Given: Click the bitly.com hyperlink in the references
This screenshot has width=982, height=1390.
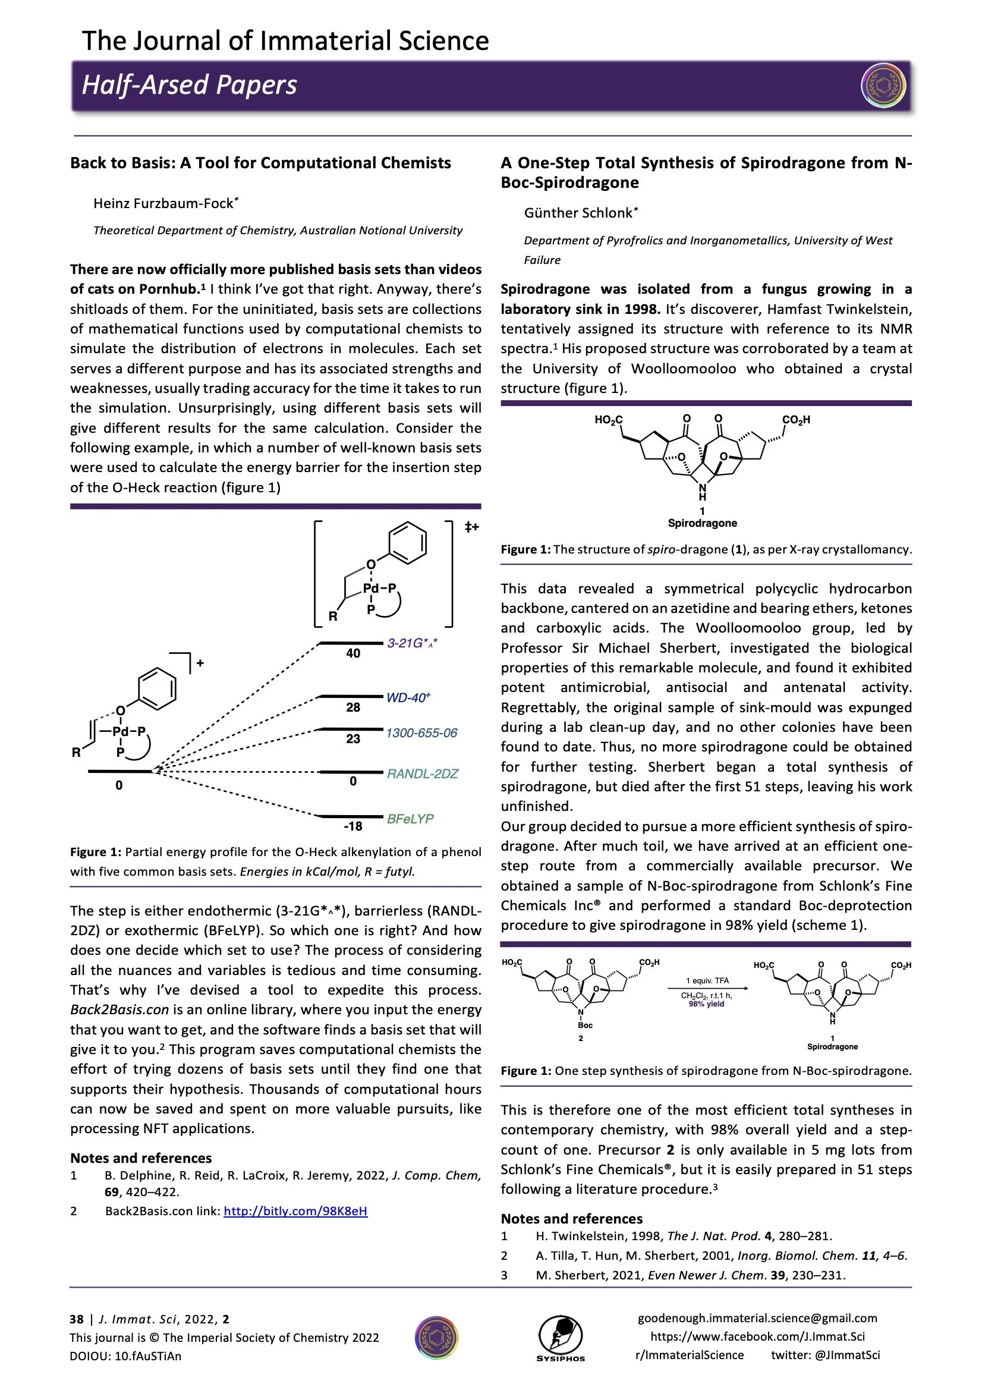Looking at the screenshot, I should click(295, 1212).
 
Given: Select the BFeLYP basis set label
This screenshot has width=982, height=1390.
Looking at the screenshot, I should click(410, 819).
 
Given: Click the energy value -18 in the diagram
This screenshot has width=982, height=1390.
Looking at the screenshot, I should click(353, 826).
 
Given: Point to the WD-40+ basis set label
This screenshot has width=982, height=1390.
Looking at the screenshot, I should click(408, 697).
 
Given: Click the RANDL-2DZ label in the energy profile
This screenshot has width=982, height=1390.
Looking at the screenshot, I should click(423, 773).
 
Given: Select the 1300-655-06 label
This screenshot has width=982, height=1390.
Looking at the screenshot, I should click(421, 733).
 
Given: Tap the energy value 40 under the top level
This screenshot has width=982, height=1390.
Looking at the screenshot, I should click(353, 653).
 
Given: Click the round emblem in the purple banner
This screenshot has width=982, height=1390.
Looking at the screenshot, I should click(883, 86).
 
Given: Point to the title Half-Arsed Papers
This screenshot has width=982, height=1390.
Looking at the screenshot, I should click(190, 86).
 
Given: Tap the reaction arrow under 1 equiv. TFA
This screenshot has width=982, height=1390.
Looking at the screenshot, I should click(708, 989).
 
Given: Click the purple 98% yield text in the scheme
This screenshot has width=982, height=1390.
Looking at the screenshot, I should click(706, 1004).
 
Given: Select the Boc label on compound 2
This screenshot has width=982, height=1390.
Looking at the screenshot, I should click(585, 1025).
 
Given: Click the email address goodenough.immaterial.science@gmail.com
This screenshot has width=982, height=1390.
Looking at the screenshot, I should click(757, 1318).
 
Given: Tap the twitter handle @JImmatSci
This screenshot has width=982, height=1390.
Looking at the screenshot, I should click(825, 1355).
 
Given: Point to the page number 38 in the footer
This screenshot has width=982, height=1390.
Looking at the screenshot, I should click(76, 1319).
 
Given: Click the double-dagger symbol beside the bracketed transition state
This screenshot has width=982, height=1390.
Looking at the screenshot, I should click(471, 527).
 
